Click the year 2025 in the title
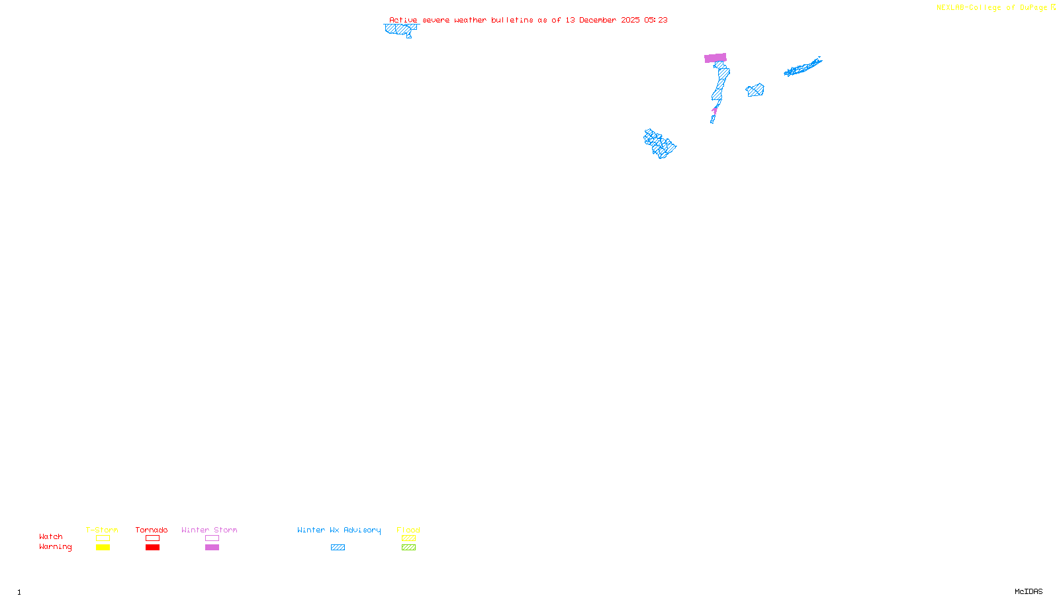point(630,21)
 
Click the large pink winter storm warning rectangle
point(715,58)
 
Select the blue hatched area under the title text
point(400,29)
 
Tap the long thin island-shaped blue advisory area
point(803,67)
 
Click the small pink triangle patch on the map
point(715,109)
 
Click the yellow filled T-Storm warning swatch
point(103,548)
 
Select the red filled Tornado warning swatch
point(152,548)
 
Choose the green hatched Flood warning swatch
point(408,548)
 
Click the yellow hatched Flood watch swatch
point(408,538)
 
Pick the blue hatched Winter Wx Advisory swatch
point(338,548)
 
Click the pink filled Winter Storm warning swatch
point(212,548)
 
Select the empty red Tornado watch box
point(152,538)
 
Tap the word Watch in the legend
point(51,537)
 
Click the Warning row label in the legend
point(56,547)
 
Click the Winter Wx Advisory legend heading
point(339,530)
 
